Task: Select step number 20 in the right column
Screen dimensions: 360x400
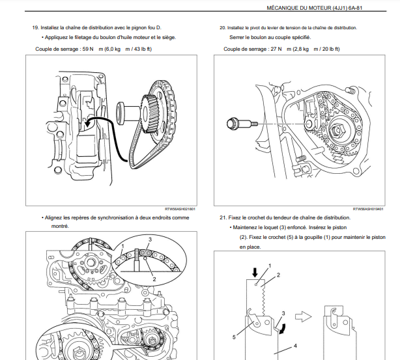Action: click(223, 28)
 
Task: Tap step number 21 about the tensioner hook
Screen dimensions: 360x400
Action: click(223, 217)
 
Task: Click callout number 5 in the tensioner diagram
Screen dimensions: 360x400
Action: click(234, 337)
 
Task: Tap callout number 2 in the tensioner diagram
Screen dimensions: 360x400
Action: click(278, 275)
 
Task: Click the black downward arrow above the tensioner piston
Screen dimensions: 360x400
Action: click(255, 270)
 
